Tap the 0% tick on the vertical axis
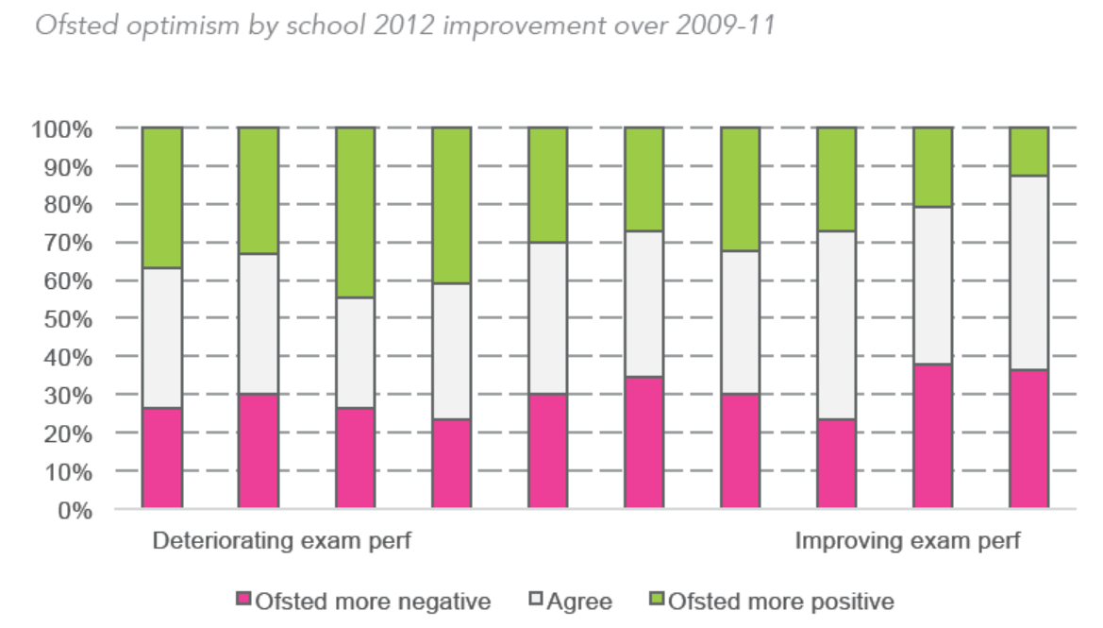pyautogui.click(x=75, y=510)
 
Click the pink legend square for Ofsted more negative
pyautogui.click(x=243, y=601)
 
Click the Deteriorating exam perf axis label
pyautogui.click(x=283, y=542)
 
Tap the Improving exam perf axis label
pyautogui.click(x=907, y=542)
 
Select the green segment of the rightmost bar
pyautogui.click(x=1028, y=151)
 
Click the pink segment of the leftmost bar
pyautogui.click(x=161, y=458)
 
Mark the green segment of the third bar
pyautogui.click(x=355, y=212)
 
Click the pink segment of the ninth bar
pyautogui.click(x=932, y=436)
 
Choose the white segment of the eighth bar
pyautogui.click(x=836, y=325)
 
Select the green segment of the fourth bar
pyautogui.click(x=451, y=205)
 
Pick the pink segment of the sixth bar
pyautogui.click(x=643, y=443)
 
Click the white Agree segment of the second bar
pyautogui.click(x=258, y=324)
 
